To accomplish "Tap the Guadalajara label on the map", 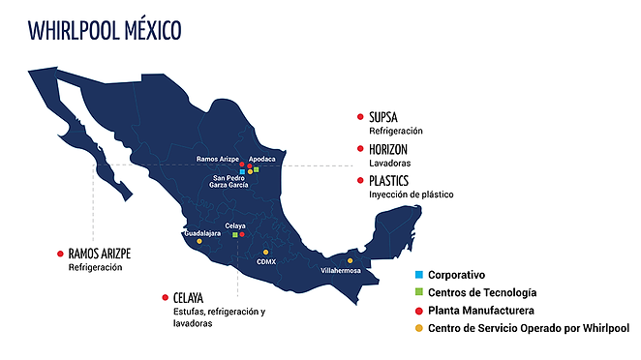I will tap(203, 233).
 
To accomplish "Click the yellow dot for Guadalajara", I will tap(198, 241).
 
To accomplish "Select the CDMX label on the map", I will tap(266, 261).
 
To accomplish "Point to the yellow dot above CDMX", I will tap(266, 253).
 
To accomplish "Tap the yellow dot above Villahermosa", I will tap(351, 260).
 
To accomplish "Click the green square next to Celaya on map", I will tap(234, 234).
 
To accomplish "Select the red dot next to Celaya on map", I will tap(242, 234).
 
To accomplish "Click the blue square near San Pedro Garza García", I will tap(242, 171).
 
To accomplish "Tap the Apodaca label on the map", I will tap(261, 158).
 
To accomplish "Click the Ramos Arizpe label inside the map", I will tap(217, 158).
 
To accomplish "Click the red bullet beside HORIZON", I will tap(360, 149).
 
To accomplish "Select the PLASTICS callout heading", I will tap(390, 181).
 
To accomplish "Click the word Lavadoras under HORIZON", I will tap(389, 163).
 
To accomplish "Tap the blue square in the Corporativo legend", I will tap(418, 275).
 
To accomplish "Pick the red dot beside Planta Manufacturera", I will tap(418, 310).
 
